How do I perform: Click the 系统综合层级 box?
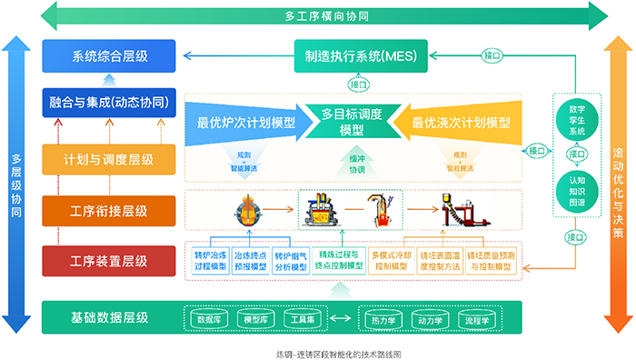point(108,56)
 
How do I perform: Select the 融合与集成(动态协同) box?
point(108,103)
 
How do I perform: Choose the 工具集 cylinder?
point(296,319)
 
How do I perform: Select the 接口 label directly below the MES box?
point(359,84)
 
